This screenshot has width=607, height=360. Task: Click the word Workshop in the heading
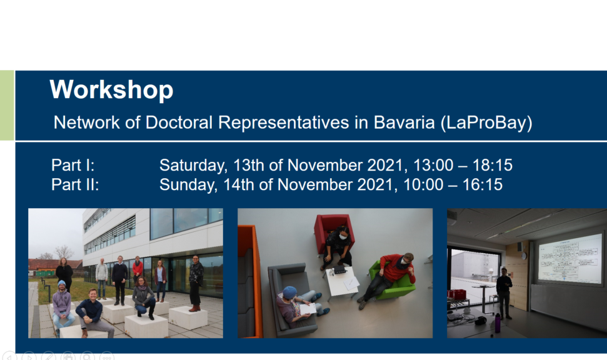(x=111, y=90)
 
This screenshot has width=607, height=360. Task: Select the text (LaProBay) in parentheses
(x=486, y=123)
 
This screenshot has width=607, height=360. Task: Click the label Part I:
(x=73, y=165)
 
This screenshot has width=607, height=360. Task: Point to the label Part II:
(x=75, y=184)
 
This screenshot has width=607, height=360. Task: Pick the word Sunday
(x=188, y=185)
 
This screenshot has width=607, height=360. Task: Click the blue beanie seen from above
(x=289, y=292)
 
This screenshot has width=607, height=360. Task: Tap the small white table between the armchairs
(x=343, y=281)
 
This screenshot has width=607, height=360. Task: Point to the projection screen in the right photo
(x=571, y=258)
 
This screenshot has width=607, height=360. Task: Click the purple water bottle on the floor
(x=498, y=323)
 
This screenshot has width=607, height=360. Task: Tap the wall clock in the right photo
(x=523, y=256)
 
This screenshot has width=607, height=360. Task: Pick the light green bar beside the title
(x=7, y=105)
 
